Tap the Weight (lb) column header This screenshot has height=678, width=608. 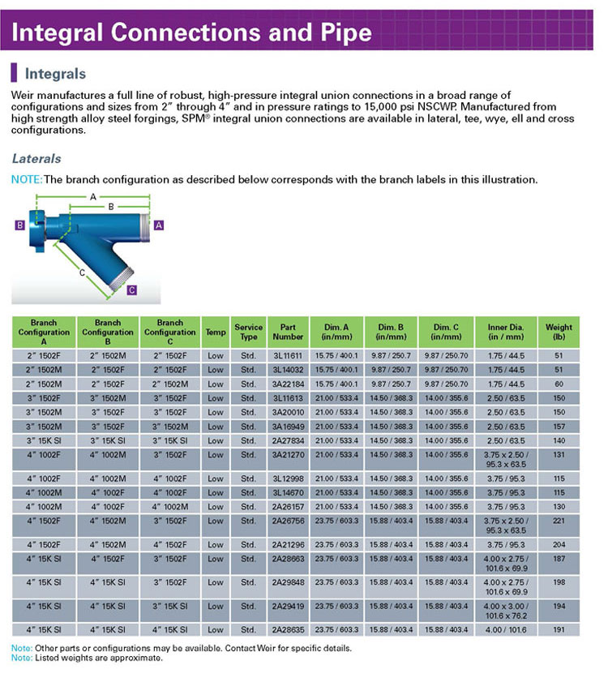[x=559, y=332]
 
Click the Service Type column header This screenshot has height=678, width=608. [x=249, y=332]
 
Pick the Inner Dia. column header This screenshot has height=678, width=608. [x=507, y=332]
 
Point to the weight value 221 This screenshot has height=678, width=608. [x=559, y=525]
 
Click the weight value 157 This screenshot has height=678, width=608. [x=559, y=426]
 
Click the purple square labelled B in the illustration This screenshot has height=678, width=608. [x=19, y=226]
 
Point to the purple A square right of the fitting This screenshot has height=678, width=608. [x=159, y=225]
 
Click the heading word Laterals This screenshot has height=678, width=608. [x=36, y=159]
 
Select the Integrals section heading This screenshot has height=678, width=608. [x=55, y=74]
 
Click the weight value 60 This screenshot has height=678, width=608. [x=559, y=384]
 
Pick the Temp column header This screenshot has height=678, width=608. [x=215, y=332]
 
